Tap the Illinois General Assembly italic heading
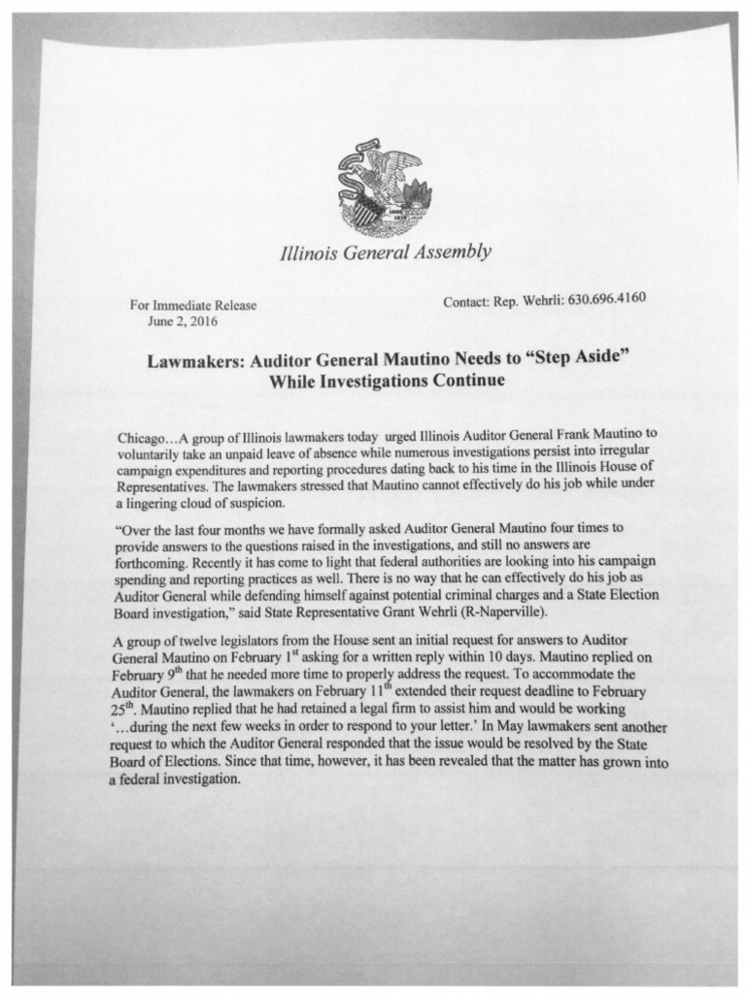click(385, 255)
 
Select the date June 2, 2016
click(182, 320)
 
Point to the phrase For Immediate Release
click(193, 306)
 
